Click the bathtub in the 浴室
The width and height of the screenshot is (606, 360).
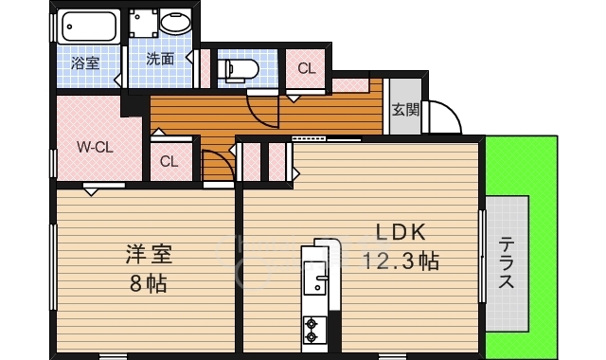[x=89, y=27]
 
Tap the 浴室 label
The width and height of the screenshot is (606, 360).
[x=85, y=63]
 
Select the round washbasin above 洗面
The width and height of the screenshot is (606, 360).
[x=175, y=23]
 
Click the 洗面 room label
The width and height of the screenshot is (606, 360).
[x=160, y=59]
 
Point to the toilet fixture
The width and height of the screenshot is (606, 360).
[x=238, y=69]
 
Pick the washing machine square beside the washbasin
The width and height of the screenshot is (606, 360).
[x=143, y=23]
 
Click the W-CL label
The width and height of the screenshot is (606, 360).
[x=95, y=147]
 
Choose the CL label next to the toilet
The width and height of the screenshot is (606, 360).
[x=307, y=68]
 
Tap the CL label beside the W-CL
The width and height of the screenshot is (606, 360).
[x=169, y=161]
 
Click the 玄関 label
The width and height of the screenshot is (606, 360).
[x=405, y=110]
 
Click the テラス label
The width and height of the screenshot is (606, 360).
[x=507, y=263]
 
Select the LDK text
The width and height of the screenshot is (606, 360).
[x=401, y=232]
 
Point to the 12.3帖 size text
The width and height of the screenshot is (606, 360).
[x=401, y=261]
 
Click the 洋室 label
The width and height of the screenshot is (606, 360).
[x=149, y=255]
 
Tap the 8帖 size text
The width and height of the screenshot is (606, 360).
[x=149, y=284]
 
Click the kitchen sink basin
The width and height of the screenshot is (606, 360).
[x=315, y=278]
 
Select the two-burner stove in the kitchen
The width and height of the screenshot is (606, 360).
[x=311, y=330]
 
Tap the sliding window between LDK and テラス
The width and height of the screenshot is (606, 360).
[x=482, y=256]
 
